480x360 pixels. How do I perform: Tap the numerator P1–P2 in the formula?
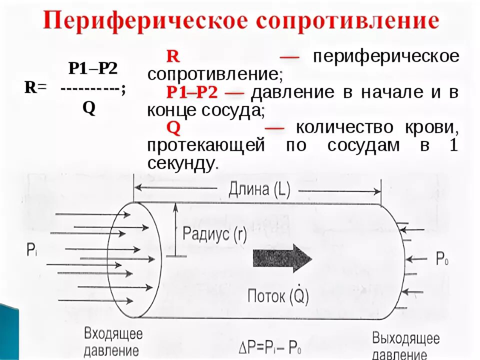tap(93, 68)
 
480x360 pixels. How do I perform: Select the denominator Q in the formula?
tap(89, 108)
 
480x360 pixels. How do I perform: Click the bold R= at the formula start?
tap(35, 88)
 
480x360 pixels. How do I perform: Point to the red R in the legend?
tap(172, 55)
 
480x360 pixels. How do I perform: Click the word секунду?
tap(182, 163)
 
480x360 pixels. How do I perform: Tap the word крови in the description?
tap(434, 127)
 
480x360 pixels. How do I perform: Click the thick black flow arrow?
tap(282, 259)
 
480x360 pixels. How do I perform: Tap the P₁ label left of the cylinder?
tap(32, 250)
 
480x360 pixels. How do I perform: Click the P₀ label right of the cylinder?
tap(442, 258)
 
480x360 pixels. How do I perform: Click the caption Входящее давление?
tap(113, 341)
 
